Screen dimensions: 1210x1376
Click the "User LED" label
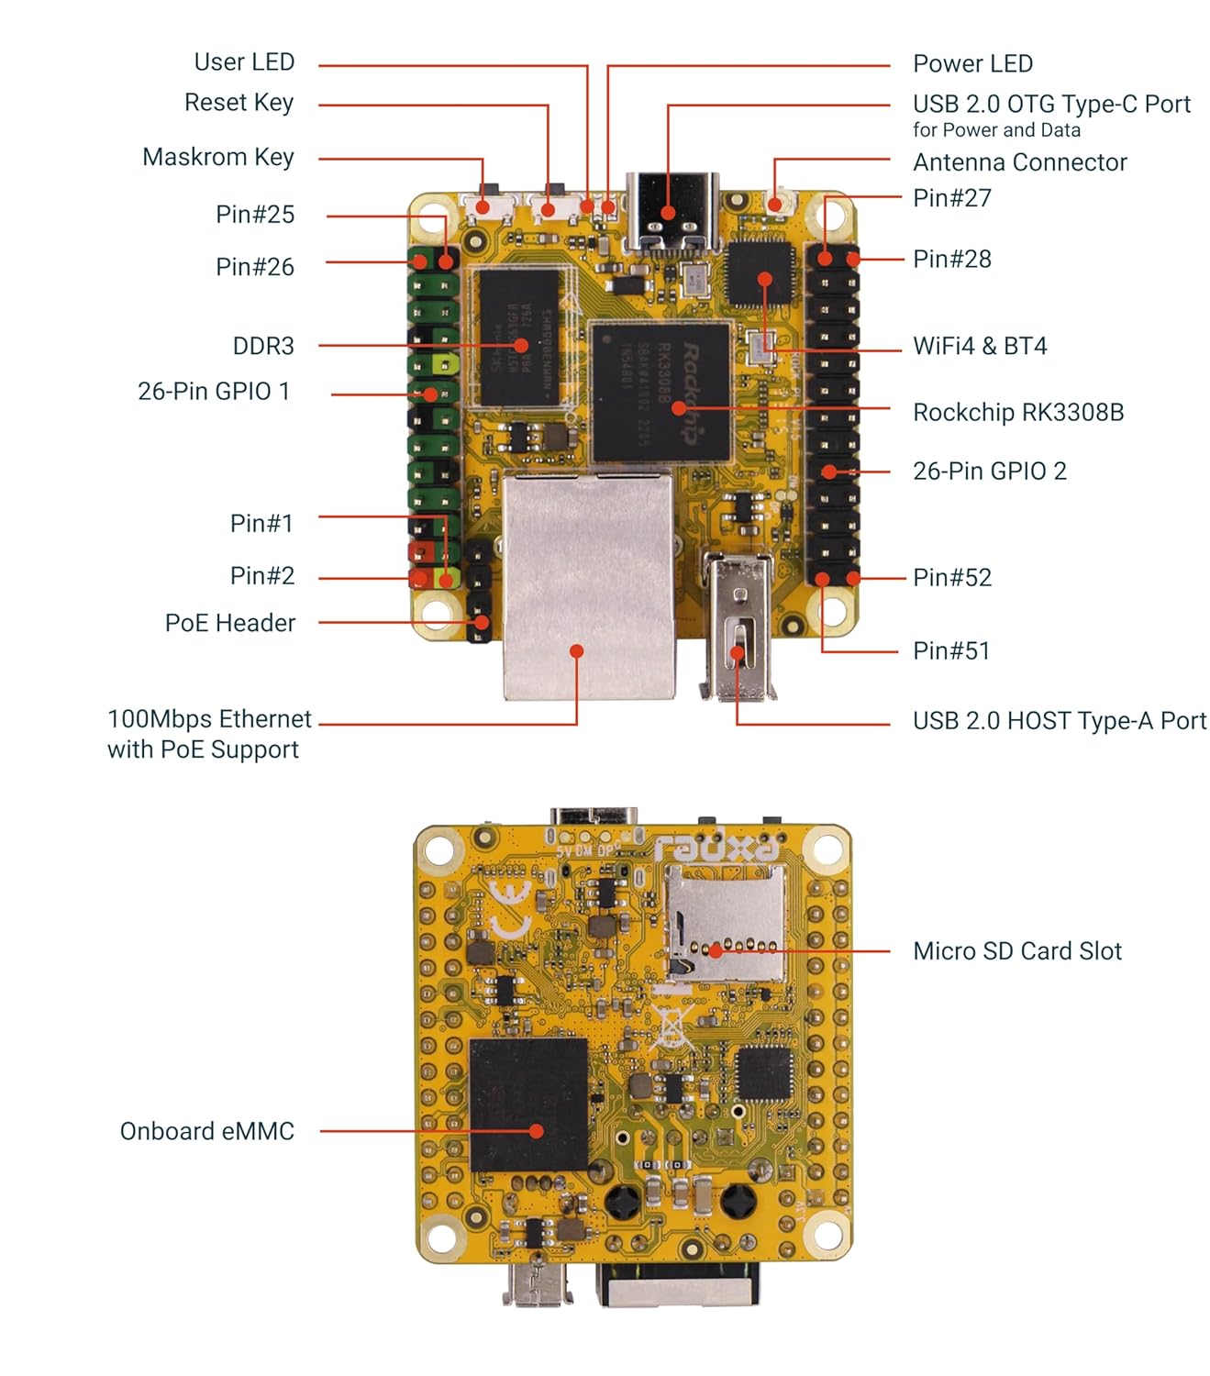(244, 61)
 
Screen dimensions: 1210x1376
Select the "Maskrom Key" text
(218, 157)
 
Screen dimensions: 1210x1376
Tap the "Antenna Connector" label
(1020, 162)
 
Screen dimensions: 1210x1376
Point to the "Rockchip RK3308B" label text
(1018, 412)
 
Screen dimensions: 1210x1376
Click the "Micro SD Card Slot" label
(1017, 951)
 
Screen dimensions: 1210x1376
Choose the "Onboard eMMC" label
(207, 1131)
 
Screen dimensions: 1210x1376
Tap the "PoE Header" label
(230, 623)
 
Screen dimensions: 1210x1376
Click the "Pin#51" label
(951, 650)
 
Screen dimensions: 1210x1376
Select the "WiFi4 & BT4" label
(980, 346)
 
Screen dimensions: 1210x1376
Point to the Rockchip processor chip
(661, 393)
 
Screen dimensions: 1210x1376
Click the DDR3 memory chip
(519, 338)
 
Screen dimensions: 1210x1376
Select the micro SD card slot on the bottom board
(725, 923)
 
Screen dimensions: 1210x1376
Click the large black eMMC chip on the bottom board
(527, 1105)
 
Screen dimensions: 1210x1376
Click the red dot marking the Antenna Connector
(774, 203)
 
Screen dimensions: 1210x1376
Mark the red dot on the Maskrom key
(483, 206)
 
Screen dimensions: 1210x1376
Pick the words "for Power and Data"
(996, 129)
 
